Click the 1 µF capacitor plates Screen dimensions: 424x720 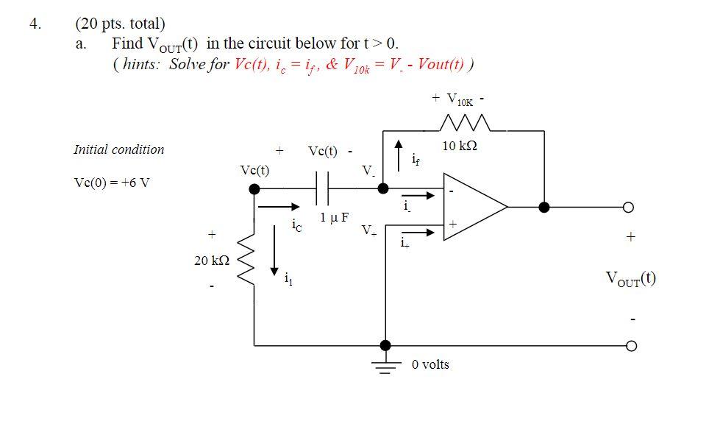coord(322,189)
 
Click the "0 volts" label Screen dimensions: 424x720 coord(430,364)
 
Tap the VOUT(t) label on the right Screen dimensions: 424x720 coord(631,278)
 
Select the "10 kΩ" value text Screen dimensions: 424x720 coord(460,146)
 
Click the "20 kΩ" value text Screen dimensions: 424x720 coord(212,260)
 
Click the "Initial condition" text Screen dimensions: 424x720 coord(119,149)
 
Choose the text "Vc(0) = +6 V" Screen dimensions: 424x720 coord(111,183)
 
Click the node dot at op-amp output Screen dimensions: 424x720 coord(544,207)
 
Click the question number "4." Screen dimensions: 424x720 coord(35,23)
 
